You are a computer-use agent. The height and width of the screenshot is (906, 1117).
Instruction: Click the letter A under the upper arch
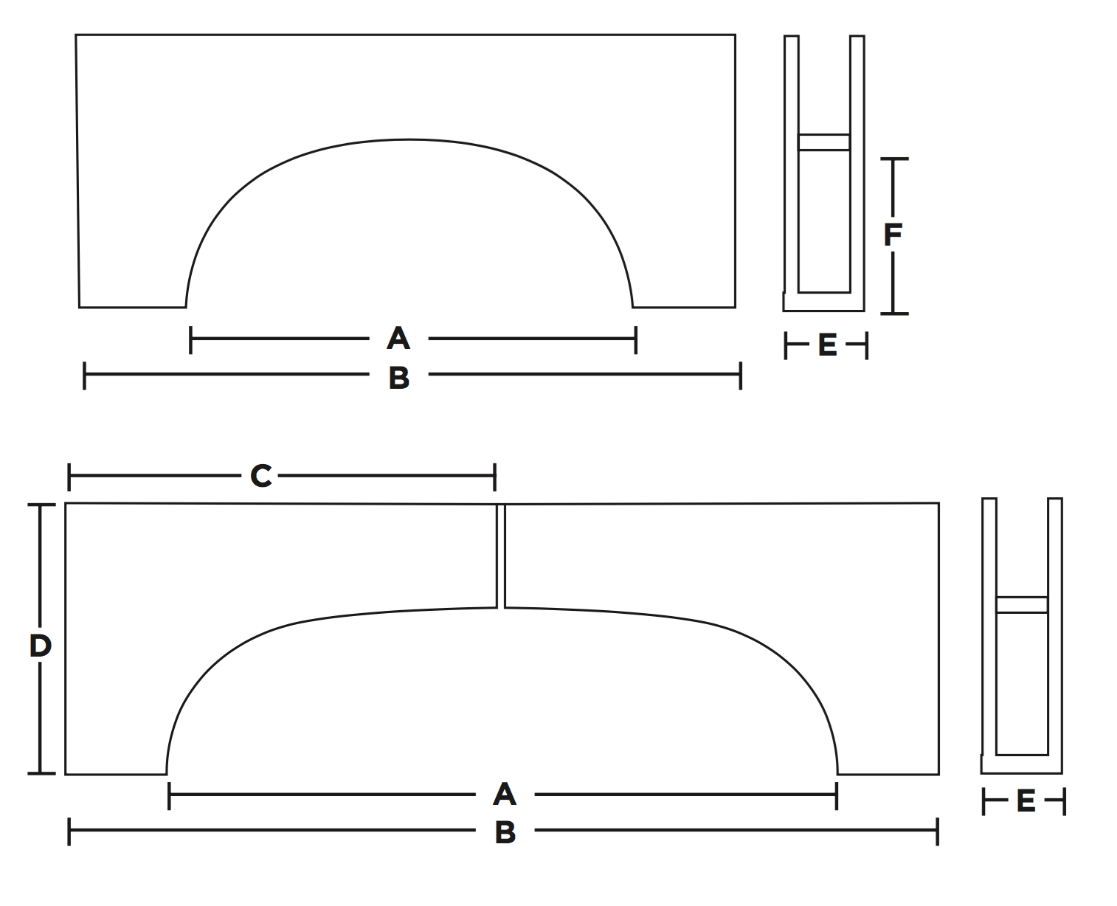click(x=398, y=339)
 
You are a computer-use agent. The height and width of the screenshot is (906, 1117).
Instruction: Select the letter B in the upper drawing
click(x=399, y=377)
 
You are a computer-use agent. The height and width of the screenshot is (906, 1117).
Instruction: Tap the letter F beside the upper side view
click(x=893, y=235)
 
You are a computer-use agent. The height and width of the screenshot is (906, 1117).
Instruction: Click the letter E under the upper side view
click(x=828, y=345)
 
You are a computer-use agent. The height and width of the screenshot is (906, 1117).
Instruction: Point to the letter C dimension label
click(x=261, y=477)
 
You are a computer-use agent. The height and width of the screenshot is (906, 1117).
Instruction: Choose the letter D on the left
click(x=40, y=646)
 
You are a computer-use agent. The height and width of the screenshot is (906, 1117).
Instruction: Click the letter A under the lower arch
click(x=505, y=795)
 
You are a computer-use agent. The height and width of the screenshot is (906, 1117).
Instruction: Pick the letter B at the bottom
click(x=505, y=832)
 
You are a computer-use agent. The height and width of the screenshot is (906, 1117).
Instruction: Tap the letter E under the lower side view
click(x=1026, y=801)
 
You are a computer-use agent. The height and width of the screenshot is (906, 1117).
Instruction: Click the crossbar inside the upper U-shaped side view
click(x=824, y=142)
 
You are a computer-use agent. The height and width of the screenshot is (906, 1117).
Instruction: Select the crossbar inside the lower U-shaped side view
click(x=1022, y=605)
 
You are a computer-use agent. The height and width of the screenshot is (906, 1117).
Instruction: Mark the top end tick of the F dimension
click(x=893, y=159)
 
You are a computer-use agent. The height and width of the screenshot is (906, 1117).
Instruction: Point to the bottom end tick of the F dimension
click(x=893, y=313)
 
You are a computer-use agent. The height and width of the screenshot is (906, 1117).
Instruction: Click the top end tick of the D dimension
click(x=41, y=505)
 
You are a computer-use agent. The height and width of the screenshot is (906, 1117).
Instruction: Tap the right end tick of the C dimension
click(x=494, y=477)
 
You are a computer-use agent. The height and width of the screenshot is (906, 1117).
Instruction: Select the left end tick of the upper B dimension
click(x=85, y=376)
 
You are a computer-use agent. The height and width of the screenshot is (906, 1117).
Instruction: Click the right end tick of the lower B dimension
click(x=937, y=831)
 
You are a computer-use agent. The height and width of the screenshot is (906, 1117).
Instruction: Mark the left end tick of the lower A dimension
click(x=170, y=795)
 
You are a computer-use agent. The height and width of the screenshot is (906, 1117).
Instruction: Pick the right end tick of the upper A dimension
click(x=635, y=339)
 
